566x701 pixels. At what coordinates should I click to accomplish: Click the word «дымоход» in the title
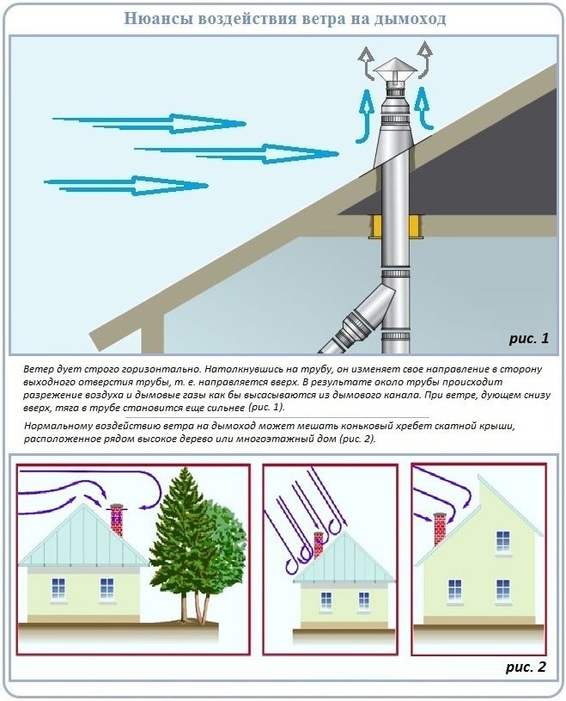[x=410, y=19]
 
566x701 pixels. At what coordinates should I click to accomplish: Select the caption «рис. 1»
[x=529, y=338]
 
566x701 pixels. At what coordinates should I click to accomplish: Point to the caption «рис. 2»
[x=526, y=667]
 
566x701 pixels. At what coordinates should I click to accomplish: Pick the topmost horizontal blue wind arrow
[x=149, y=123]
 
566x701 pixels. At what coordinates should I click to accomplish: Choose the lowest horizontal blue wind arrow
[x=126, y=185]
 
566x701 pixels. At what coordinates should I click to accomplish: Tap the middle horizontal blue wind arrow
[x=236, y=153]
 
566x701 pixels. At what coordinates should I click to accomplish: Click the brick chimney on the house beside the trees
[x=117, y=520]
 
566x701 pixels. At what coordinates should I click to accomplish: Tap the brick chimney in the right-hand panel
[x=440, y=529]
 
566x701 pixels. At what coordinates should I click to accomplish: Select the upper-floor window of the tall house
[x=503, y=541]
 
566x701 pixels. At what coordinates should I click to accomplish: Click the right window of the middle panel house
[x=364, y=600]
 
